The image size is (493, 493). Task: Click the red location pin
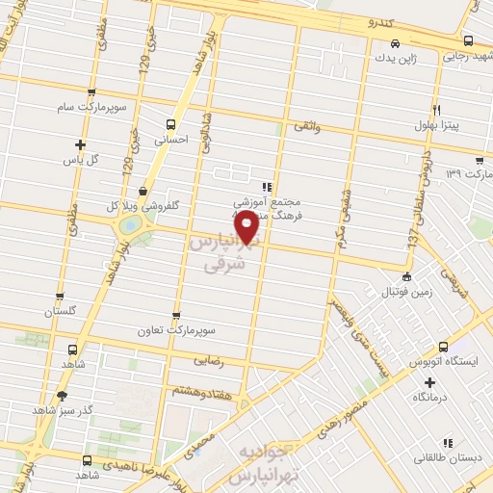click(x=247, y=225)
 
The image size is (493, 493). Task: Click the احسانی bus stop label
click(x=172, y=139)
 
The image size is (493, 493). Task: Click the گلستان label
click(x=60, y=312)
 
